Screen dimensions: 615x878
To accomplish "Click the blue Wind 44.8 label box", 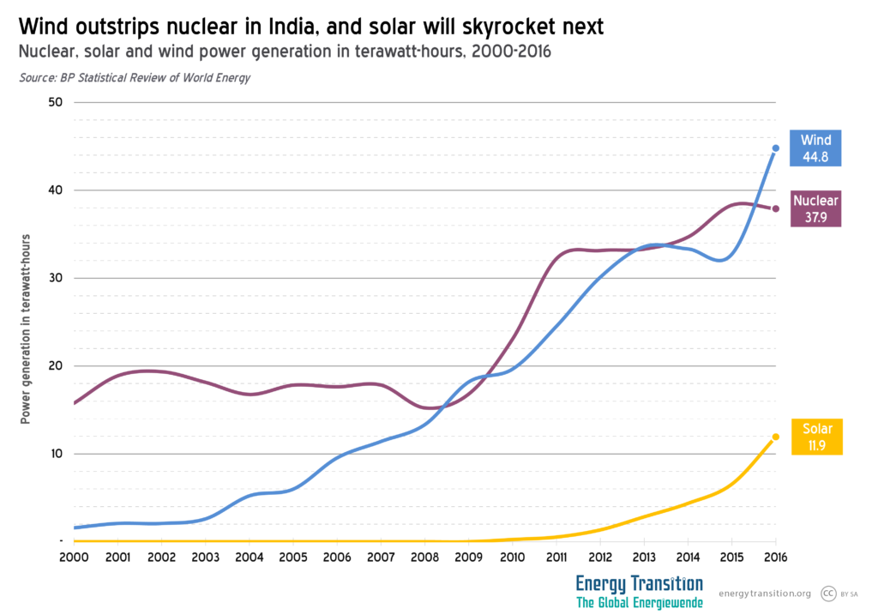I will (x=815, y=148).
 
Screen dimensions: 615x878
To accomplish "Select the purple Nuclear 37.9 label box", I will (x=815, y=208).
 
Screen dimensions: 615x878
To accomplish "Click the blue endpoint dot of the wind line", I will (x=776, y=148).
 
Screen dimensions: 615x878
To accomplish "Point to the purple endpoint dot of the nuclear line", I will (x=776, y=208).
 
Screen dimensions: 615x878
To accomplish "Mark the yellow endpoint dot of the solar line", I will (x=776, y=437).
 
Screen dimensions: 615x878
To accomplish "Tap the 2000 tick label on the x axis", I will (x=74, y=558).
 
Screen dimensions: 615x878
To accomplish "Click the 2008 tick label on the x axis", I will (x=424, y=558).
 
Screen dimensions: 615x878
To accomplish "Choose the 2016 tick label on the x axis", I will (x=775, y=558).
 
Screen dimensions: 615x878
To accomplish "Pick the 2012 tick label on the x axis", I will (x=599, y=558).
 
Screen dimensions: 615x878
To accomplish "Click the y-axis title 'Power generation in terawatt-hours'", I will (x=26, y=328).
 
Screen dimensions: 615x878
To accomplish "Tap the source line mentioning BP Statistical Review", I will (x=134, y=78).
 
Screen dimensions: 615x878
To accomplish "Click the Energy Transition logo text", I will (x=639, y=584).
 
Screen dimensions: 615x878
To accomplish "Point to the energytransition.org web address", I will (x=764, y=594).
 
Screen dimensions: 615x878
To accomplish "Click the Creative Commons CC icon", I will (x=828, y=593).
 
